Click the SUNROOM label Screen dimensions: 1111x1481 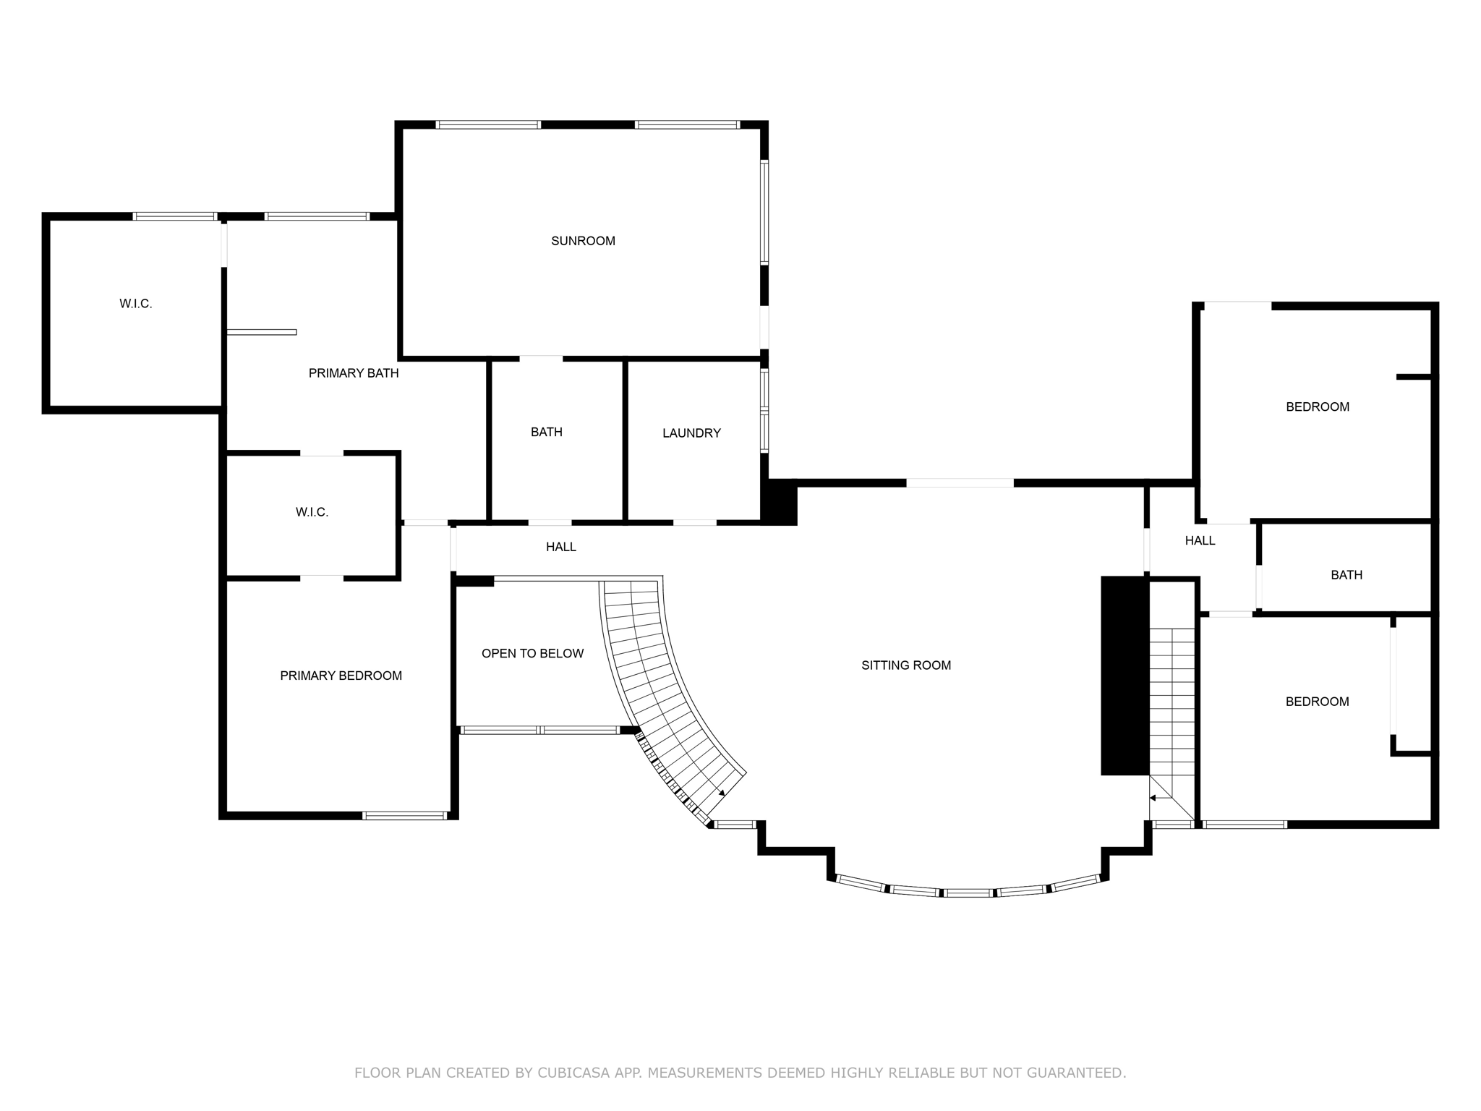tap(583, 241)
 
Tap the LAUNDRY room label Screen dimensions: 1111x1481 tap(691, 433)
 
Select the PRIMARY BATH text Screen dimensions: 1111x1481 tap(354, 373)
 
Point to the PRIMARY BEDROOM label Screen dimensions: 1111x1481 tap(341, 676)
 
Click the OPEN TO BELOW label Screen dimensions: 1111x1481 tap(532, 654)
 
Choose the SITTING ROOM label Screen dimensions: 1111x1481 tap(905, 665)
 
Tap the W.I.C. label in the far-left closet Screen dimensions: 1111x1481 tap(136, 304)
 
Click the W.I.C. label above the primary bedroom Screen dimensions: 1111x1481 tap(312, 512)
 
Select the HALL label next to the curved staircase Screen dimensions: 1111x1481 tap(560, 548)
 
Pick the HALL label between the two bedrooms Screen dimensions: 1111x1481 tap(1200, 540)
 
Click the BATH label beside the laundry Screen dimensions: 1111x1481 tap(546, 432)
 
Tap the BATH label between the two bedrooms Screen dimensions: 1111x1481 tap(1346, 575)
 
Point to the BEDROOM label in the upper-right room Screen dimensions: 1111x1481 tap(1317, 407)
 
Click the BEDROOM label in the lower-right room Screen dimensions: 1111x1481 tap(1316, 702)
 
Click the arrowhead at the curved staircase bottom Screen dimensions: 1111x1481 tap(721, 793)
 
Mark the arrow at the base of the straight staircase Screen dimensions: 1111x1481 tap(1153, 798)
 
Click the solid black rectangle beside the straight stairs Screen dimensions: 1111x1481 tap(1124, 676)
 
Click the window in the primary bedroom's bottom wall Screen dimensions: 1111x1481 tap(404, 816)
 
